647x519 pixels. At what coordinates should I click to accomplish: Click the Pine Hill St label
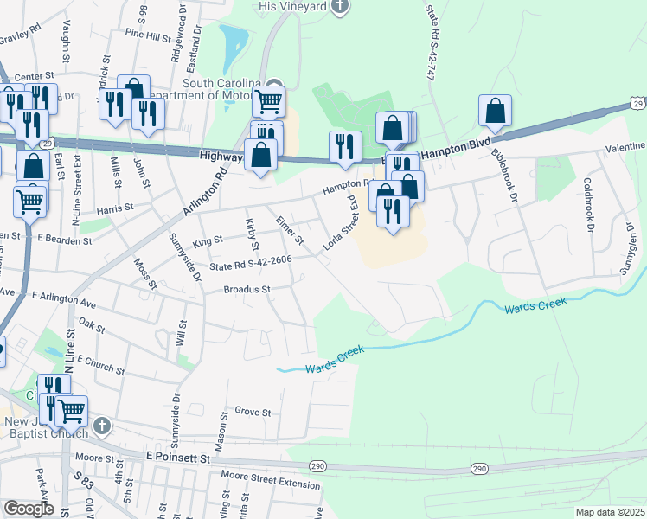coord(148,35)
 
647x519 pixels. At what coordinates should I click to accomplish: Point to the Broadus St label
coord(247,289)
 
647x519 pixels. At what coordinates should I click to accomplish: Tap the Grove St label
coord(253,412)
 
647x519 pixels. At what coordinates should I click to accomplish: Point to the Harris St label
coord(115,208)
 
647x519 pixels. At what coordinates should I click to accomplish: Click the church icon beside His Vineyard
coord(341,7)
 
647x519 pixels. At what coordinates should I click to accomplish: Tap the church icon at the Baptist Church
coord(103,426)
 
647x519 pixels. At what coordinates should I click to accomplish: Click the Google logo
coord(29,508)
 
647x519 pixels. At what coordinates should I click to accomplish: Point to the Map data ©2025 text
coord(609,512)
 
